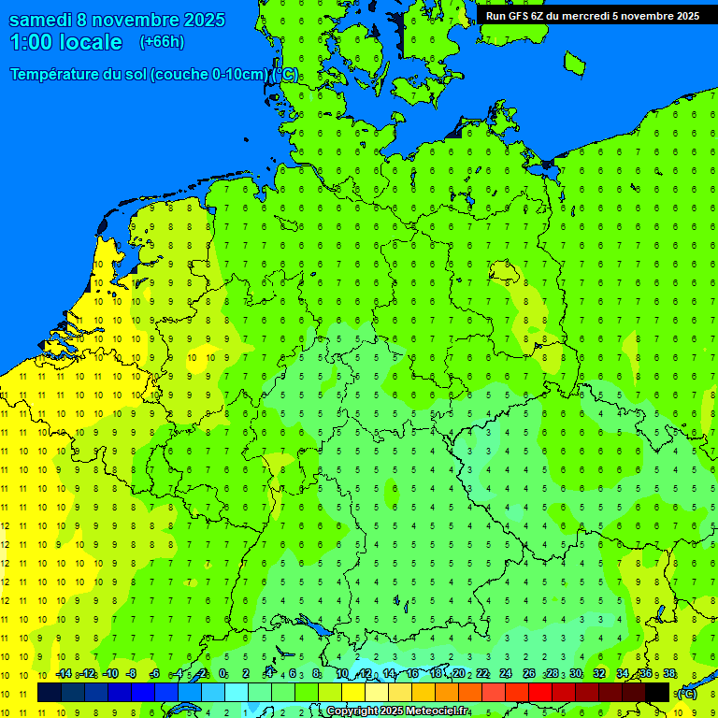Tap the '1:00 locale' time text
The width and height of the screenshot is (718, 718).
(x=65, y=42)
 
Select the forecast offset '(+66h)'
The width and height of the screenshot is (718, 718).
(x=162, y=42)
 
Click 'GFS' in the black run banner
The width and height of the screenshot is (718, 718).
(x=521, y=16)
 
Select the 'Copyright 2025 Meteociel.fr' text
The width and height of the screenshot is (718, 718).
(x=397, y=711)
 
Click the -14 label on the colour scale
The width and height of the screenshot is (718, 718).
(x=63, y=674)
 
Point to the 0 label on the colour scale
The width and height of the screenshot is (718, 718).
(x=223, y=674)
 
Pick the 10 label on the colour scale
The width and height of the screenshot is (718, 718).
(x=342, y=674)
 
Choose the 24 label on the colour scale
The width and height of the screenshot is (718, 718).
(x=506, y=674)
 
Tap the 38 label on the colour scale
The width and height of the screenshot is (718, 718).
(x=669, y=674)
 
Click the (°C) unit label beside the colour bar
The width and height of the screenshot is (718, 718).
(x=686, y=694)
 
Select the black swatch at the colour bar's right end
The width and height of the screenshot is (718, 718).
(x=657, y=693)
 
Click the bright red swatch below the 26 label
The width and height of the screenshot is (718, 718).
(x=540, y=693)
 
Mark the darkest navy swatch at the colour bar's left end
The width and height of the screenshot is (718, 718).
(x=50, y=693)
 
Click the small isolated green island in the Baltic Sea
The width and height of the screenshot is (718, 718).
(x=574, y=63)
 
